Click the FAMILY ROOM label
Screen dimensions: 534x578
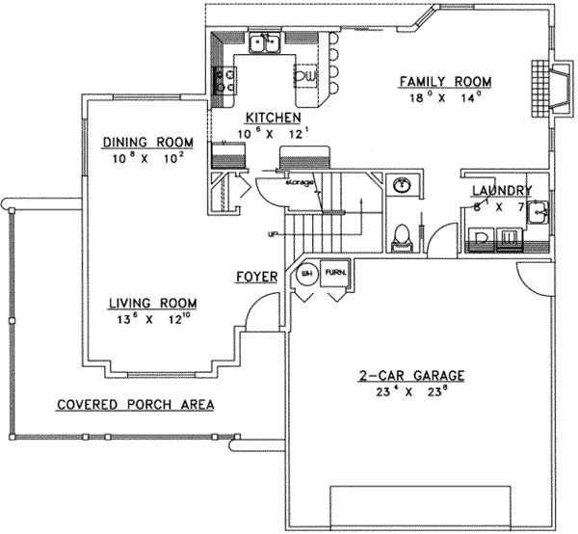click(446, 81)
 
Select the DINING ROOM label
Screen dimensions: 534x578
click(145, 144)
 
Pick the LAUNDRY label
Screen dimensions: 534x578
click(496, 191)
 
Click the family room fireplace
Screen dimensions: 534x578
click(542, 85)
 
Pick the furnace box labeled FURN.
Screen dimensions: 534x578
click(335, 273)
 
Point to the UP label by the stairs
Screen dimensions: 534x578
click(275, 233)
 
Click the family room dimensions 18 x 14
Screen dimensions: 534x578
click(446, 96)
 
